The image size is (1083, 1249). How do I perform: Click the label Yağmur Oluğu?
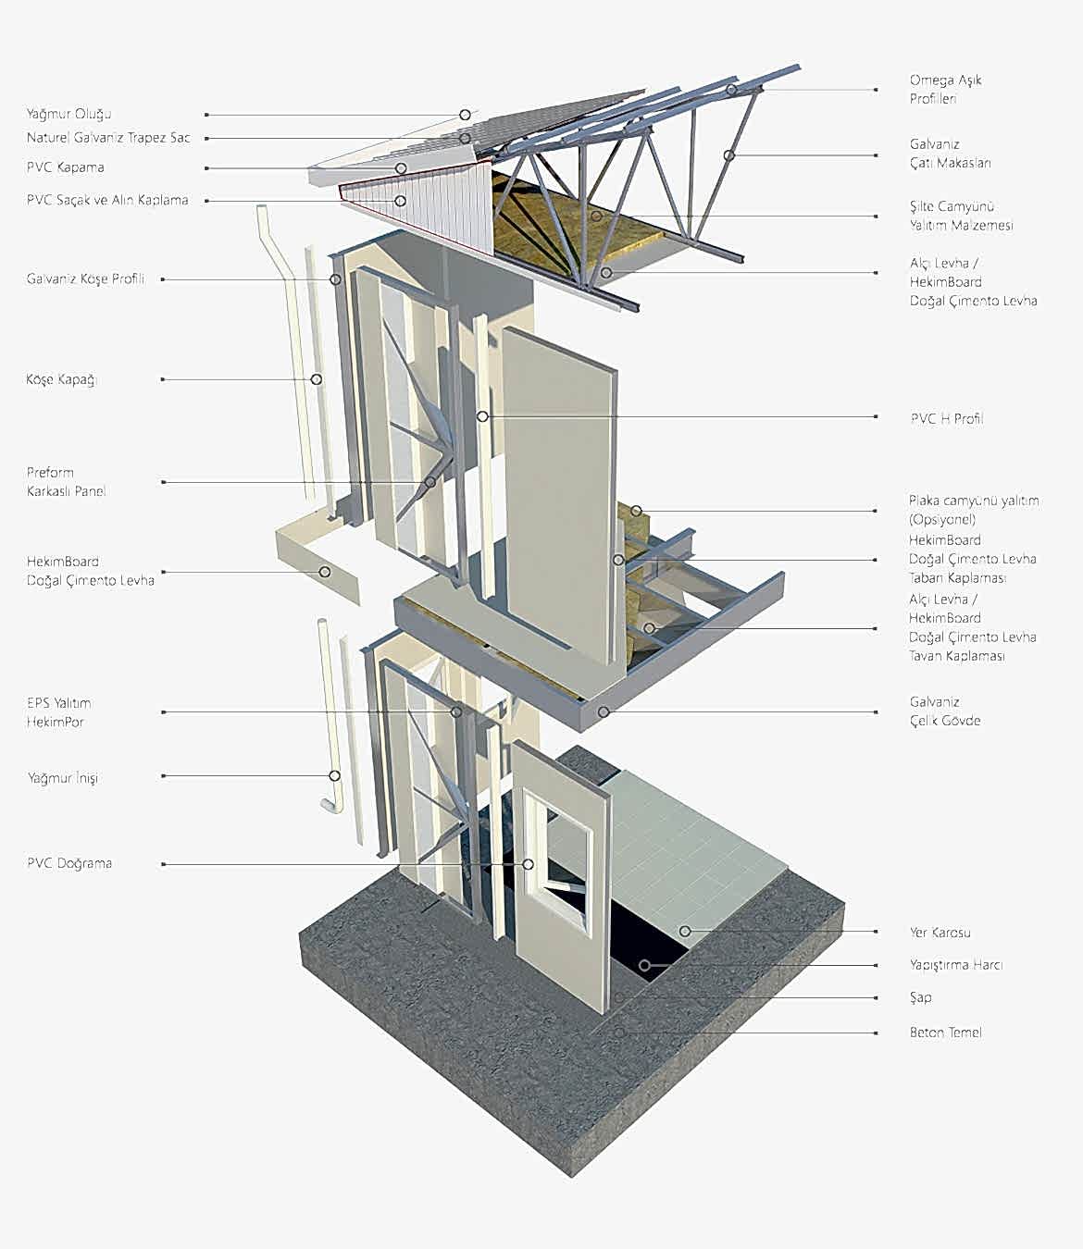pos(68,114)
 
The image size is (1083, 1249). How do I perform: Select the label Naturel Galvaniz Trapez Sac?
pos(107,138)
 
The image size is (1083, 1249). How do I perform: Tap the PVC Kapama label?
pos(65,167)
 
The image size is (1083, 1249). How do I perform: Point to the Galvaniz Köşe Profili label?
pos(85,278)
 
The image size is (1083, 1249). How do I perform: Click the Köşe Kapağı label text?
pos(61,379)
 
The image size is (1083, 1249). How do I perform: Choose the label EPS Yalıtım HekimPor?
pos(58,712)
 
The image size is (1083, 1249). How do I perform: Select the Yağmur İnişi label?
pos(62,778)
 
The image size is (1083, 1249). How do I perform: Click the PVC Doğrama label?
pos(68,863)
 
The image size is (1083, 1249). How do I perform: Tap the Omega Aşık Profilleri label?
pos(944,89)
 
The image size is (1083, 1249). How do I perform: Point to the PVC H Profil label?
pos(946,418)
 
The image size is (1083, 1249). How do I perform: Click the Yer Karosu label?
pos(940,933)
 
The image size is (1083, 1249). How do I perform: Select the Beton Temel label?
pos(945,1033)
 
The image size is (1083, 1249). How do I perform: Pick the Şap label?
pos(920,997)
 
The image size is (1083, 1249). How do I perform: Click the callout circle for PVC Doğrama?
pos(528,864)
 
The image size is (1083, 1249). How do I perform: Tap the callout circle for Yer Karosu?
pos(685,932)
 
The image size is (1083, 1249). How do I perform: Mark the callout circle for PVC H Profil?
pos(482,417)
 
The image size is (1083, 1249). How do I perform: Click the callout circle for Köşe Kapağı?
pos(316,379)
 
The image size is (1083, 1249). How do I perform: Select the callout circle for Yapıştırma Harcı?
pos(644,966)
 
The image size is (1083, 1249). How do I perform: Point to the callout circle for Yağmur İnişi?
pos(334,776)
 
